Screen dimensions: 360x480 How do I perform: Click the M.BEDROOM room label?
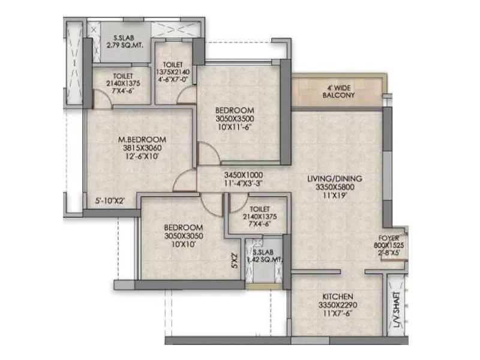(142, 139)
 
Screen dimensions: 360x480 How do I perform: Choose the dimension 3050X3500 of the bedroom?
(235, 119)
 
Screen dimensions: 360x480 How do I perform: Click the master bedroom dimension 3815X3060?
(142, 148)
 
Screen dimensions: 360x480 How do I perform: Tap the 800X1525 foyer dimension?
(390, 245)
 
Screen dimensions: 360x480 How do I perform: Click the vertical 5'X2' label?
(235, 261)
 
